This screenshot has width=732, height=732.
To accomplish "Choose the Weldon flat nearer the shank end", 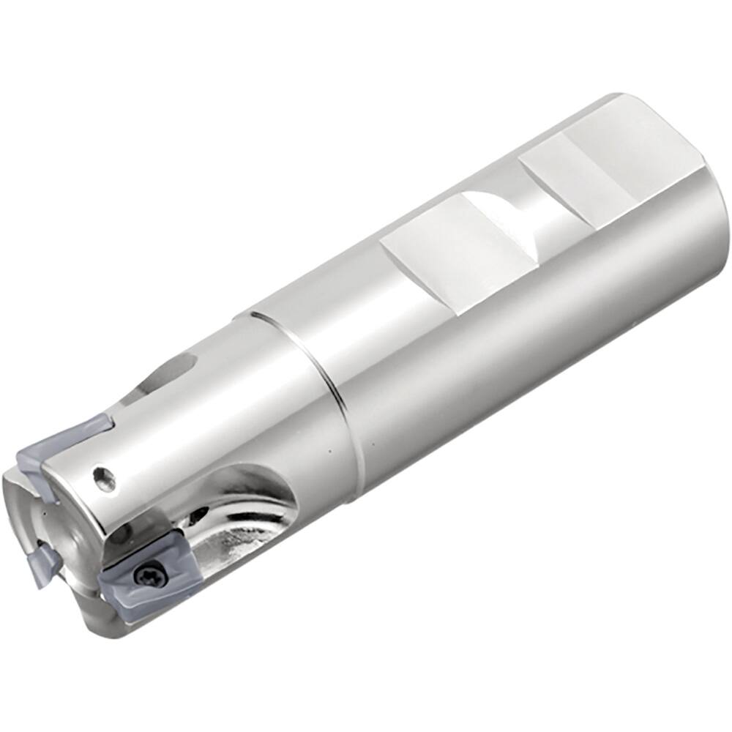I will [x=586, y=172].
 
